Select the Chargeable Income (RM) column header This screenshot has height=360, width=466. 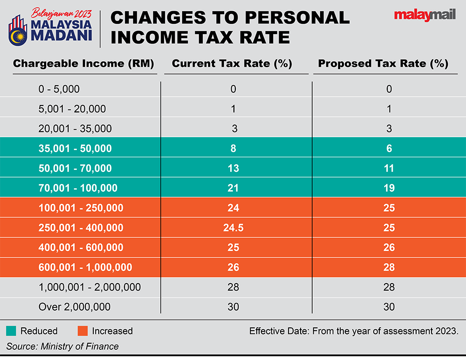(x=83, y=64)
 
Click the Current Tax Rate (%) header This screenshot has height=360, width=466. (x=232, y=64)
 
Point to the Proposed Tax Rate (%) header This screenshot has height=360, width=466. (x=383, y=64)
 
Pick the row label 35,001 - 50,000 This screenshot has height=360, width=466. (x=75, y=149)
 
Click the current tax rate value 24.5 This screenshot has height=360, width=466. (x=233, y=228)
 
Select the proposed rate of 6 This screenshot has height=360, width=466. (x=389, y=149)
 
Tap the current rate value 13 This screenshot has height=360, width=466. (x=233, y=168)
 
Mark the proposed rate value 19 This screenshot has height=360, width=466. (x=389, y=188)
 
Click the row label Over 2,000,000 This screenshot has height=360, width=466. (x=75, y=306)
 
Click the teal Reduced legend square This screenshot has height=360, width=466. (x=12, y=331)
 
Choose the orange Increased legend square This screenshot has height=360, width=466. (x=82, y=331)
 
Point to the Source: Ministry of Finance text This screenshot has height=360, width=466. (x=62, y=346)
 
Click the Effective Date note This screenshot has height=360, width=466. (x=354, y=332)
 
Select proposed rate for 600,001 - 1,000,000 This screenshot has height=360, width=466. (x=389, y=267)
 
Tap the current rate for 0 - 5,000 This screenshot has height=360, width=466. (x=233, y=89)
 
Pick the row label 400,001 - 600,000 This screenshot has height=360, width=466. (x=81, y=247)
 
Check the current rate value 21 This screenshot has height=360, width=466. (x=233, y=188)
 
